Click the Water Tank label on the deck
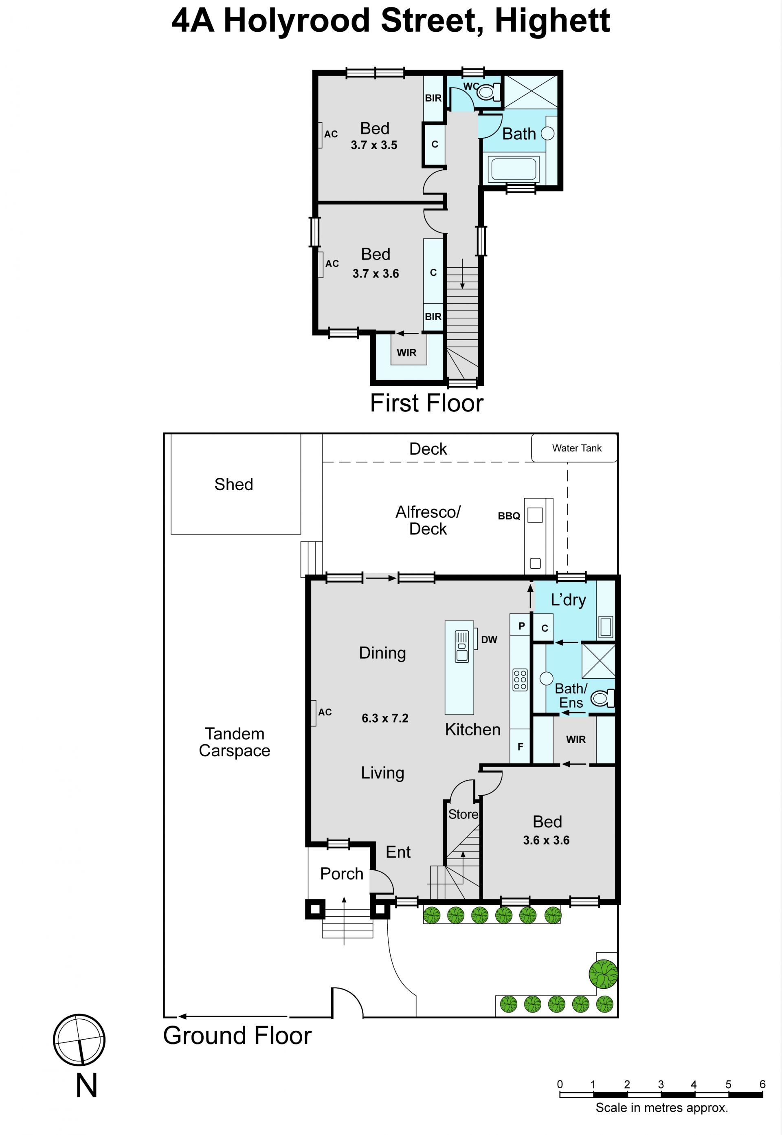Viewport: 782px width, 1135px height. click(x=577, y=448)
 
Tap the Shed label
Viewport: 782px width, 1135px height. click(x=234, y=484)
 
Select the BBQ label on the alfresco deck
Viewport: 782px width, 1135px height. click(x=509, y=516)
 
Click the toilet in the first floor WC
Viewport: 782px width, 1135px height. click(x=488, y=92)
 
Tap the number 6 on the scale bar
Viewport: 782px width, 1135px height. click(x=762, y=1084)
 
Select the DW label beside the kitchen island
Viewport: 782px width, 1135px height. click(x=489, y=640)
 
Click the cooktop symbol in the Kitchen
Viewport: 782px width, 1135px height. click(x=520, y=680)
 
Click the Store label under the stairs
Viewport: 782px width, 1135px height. click(x=463, y=814)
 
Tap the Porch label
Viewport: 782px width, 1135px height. click(x=341, y=873)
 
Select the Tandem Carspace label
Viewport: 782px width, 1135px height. click(x=234, y=742)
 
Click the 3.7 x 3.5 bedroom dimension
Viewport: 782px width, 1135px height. click(x=374, y=145)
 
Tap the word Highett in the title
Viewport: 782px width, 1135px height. click(x=552, y=21)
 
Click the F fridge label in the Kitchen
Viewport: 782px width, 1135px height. click(x=521, y=746)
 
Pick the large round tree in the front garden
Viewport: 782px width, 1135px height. click(x=603, y=974)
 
